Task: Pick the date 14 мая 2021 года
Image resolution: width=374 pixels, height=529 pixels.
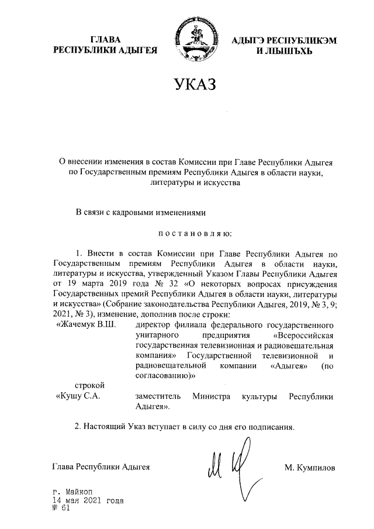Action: point(88,500)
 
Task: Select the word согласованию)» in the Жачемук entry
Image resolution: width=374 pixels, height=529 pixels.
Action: point(164,376)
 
